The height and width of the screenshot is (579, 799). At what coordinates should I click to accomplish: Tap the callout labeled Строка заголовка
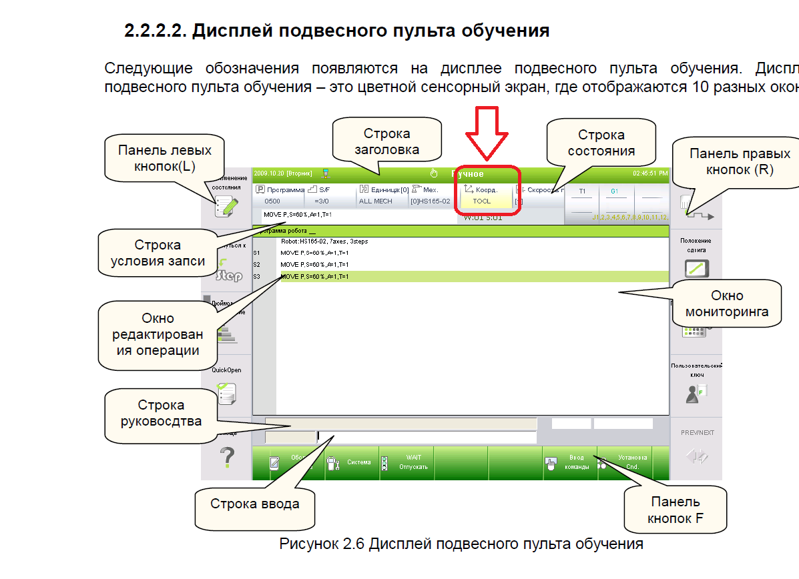386,141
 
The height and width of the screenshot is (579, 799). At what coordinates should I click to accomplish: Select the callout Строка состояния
600,143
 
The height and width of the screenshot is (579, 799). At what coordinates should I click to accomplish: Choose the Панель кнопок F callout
675,510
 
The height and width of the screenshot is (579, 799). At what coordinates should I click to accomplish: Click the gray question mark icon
227,458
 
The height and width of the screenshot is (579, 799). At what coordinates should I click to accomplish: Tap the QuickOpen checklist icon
227,394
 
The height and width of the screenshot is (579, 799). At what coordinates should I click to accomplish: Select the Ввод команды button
569,462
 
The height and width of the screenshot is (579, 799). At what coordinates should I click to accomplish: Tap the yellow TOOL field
482,201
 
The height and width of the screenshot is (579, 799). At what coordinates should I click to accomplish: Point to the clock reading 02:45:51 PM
649,173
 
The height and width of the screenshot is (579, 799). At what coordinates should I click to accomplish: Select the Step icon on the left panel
229,274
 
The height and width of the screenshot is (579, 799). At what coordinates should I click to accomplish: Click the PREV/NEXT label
698,433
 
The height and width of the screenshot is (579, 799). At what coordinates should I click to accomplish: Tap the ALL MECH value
376,201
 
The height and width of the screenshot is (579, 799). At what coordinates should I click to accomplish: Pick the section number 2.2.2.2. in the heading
155,31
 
